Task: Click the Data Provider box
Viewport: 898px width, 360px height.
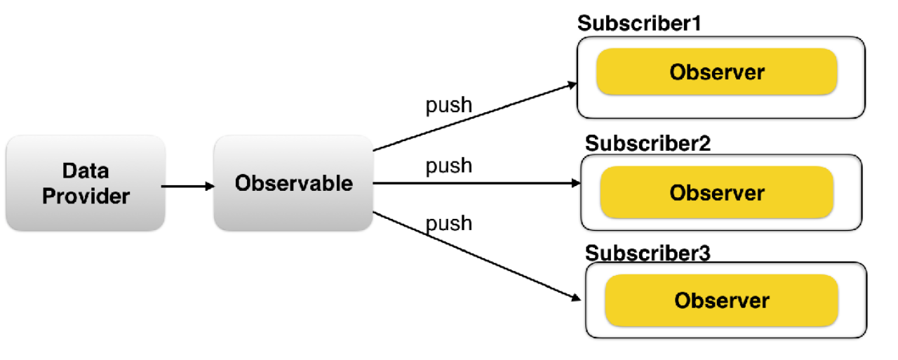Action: (86, 182)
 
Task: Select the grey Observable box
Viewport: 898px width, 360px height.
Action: (293, 182)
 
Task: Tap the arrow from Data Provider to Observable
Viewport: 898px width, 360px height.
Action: (187, 186)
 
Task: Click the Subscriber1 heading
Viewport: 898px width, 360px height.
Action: (639, 23)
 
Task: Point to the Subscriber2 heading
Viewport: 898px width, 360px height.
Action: (648, 143)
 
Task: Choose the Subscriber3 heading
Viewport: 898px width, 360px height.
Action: (648, 253)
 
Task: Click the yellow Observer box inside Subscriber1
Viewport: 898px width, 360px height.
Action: (717, 72)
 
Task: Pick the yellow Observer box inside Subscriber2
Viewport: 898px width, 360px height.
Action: (717, 192)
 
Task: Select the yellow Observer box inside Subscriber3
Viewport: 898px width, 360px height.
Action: (722, 300)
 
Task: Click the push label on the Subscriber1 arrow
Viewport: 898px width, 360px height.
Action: (448, 105)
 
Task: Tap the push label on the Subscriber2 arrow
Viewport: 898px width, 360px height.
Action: (448, 166)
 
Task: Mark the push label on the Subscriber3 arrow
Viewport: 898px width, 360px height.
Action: (448, 224)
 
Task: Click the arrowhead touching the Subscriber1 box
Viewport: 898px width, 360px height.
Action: (572, 85)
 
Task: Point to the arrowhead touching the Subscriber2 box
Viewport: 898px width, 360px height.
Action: (576, 183)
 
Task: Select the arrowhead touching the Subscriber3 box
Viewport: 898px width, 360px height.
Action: (576, 298)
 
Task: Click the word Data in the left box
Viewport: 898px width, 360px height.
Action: (86, 171)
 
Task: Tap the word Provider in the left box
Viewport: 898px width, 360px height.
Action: (86, 196)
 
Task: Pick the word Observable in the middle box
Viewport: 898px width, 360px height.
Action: (294, 183)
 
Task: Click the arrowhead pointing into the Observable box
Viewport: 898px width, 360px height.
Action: (210, 186)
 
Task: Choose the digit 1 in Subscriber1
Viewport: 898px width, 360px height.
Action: (697, 23)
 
